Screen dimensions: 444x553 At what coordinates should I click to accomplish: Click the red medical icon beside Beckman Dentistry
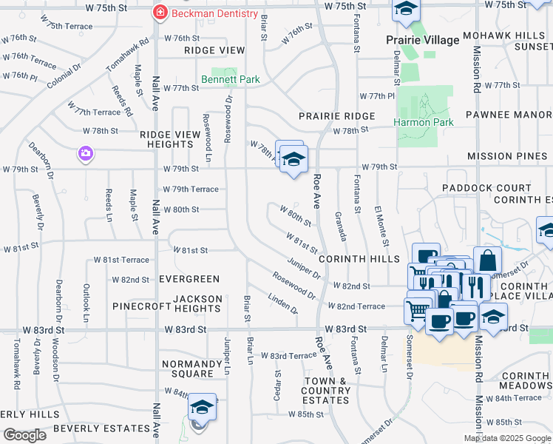click(x=159, y=13)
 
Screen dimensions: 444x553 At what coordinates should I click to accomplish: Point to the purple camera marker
click(x=86, y=154)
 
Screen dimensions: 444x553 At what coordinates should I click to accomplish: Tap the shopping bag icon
click(x=487, y=260)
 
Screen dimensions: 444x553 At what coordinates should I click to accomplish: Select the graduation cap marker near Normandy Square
click(x=202, y=407)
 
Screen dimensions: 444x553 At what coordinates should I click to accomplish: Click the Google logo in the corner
click(x=24, y=435)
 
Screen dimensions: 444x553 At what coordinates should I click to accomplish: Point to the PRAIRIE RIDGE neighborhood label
click(x=336, y=116)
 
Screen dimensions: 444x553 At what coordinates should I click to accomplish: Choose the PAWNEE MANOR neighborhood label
click(x=509, y=115)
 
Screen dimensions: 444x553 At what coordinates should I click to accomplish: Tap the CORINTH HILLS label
click(x=359, y=260)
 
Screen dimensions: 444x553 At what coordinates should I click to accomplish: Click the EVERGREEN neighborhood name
click(x=189, y=279)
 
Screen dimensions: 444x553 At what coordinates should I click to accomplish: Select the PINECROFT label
click(x=137, y=306)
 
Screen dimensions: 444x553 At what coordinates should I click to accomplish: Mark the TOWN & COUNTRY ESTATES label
click(x=326, y=390)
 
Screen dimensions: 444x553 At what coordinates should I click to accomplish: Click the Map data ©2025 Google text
click(x=507, y=438)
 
